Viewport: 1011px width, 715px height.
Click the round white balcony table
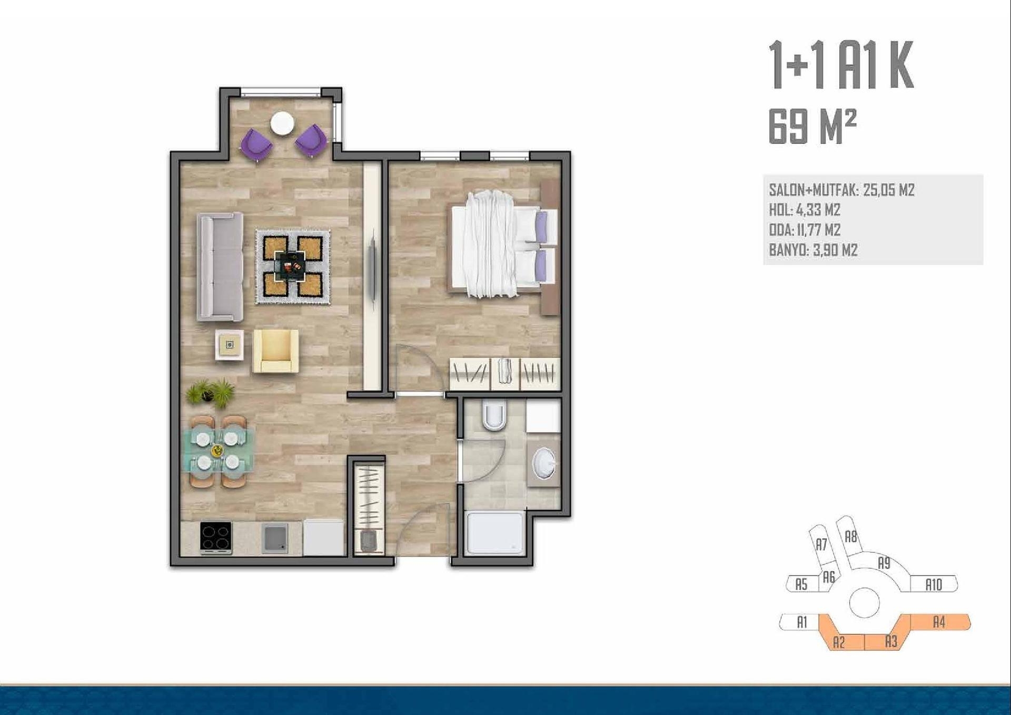[282, 124]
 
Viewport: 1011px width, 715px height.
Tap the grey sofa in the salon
[220, 267]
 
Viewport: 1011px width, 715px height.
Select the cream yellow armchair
[275, 351]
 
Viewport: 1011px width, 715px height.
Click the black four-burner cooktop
[216, 538]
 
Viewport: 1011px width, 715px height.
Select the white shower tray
[495, 533]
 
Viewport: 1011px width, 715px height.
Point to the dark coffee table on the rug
[290, 266]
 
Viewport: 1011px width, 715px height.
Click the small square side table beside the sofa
[230, 345]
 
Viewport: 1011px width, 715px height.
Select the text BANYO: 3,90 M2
[813, 250]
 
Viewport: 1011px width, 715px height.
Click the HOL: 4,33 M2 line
[805, 210]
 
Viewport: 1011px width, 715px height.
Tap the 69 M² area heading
[812, 127]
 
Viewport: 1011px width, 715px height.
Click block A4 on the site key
[939, 622]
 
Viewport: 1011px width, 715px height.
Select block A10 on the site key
[934, 584]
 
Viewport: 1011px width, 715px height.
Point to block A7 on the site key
[821, 545]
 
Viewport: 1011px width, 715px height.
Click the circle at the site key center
[864, 602]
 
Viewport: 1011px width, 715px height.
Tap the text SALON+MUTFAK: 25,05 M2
[841, 190]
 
